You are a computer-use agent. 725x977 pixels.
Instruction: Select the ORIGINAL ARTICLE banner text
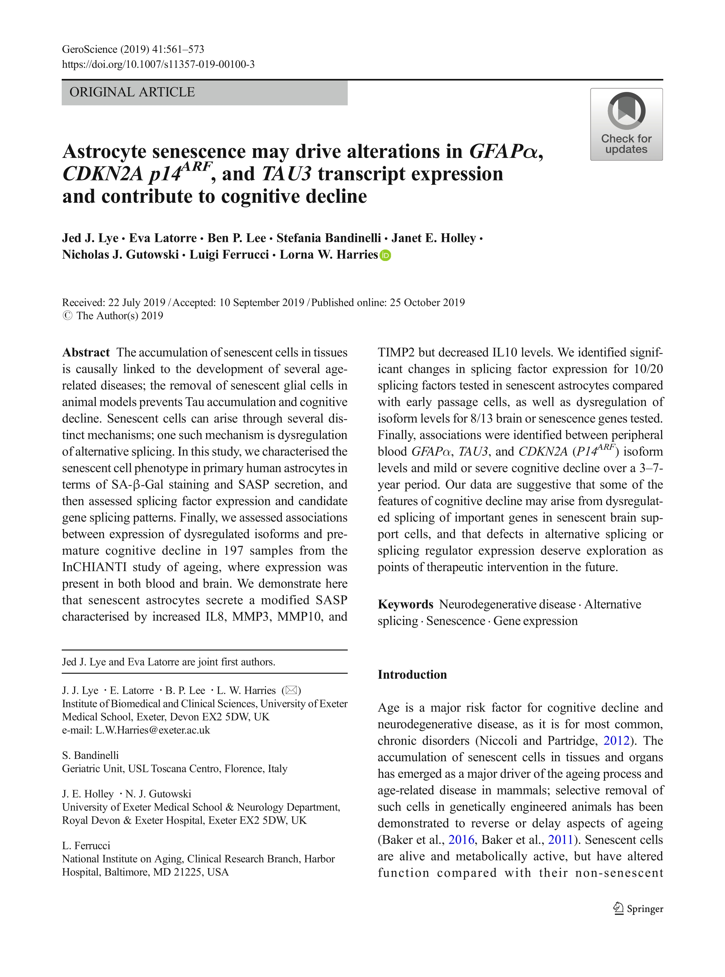132,92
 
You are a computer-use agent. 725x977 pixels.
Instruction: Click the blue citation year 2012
616,741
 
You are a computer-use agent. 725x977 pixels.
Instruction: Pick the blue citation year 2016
461,840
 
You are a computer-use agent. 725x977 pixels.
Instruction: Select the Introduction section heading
412,675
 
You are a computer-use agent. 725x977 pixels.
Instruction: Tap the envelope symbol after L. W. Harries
291,690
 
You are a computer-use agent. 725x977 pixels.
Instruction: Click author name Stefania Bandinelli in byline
328,238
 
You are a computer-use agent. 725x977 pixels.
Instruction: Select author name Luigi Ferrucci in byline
229,255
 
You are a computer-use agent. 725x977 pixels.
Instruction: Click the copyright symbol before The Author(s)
67,316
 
